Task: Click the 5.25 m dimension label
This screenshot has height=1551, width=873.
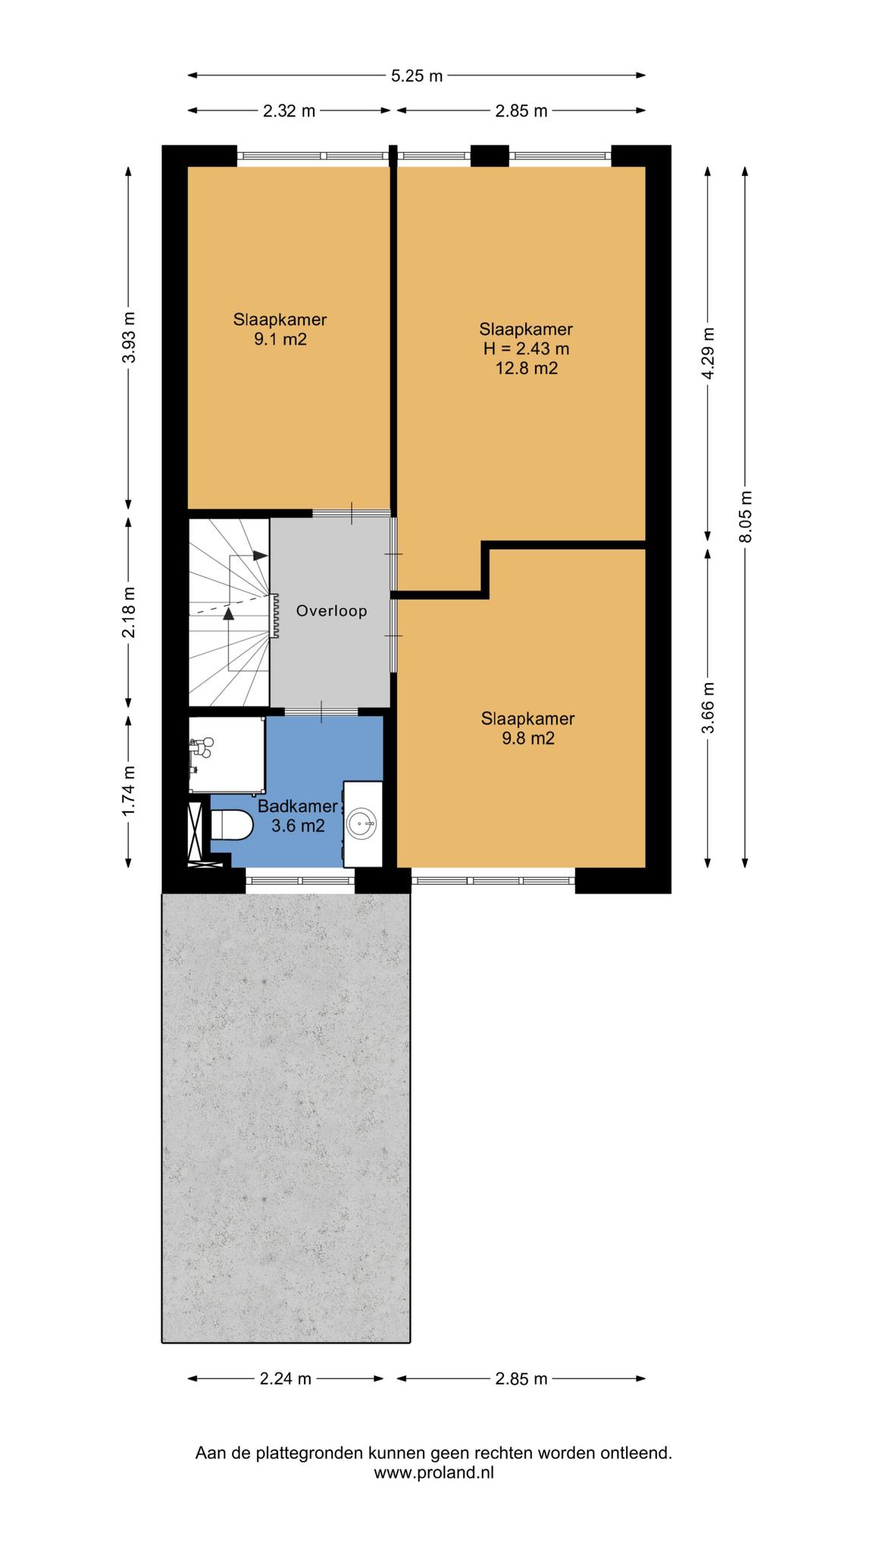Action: (x=417, y=76)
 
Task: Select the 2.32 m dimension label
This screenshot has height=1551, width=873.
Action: (x=289, y=111)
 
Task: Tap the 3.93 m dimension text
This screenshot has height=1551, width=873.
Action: (x=129, y=338)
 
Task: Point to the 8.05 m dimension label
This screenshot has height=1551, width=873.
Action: (x=746, y=516)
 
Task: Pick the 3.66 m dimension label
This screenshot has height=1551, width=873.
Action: (x=709, y=707)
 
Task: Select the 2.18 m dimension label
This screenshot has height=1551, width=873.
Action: (x=129, y=612)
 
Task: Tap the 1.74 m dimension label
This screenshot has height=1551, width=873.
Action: (x=129, y=791)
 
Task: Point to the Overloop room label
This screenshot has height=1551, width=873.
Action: (x=332, y=611)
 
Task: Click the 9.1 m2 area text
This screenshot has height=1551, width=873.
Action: (x=280, y=339)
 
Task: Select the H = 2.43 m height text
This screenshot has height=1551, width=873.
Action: (x=526, y=349)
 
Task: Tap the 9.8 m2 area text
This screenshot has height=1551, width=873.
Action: (x=528, y=738)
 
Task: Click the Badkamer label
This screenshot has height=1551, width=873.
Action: (x=297, y=806)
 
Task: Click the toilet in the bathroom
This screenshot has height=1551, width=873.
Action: (x=231, y=824)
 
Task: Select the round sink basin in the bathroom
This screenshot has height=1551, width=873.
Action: (x=361, y=822)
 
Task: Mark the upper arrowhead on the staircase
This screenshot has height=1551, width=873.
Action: (x=261, y=555)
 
